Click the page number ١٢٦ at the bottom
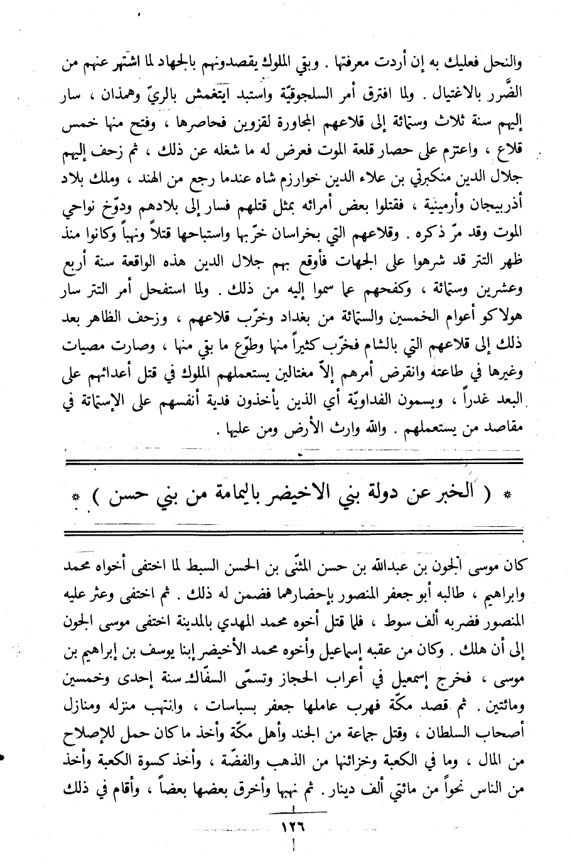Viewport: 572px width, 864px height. tap(290, 828)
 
